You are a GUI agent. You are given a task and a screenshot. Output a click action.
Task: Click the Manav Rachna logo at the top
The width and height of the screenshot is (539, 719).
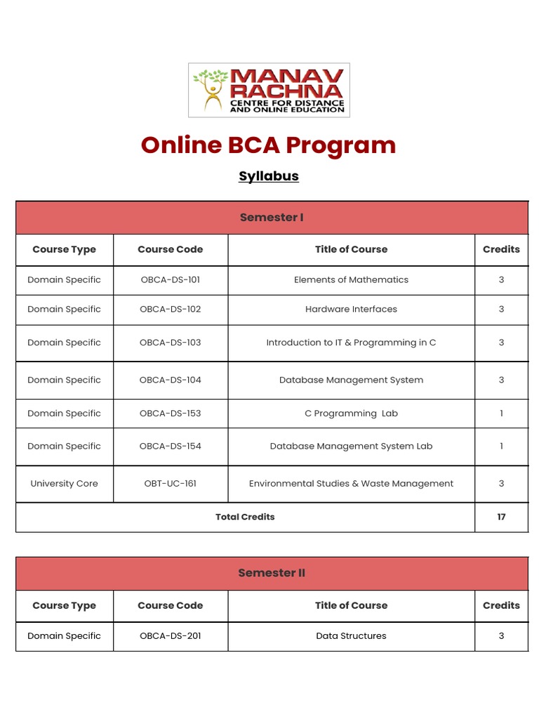[x=269, y=90]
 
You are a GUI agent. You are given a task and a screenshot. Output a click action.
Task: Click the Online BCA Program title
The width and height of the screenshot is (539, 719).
[x=268, y=145]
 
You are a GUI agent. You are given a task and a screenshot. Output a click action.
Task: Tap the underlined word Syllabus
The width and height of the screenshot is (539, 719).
[x=268, y=176]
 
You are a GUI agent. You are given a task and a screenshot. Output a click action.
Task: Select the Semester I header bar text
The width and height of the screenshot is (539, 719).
[x=272, y=218]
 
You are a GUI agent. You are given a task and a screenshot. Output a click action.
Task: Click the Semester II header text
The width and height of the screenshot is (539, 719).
[x=272, y=573]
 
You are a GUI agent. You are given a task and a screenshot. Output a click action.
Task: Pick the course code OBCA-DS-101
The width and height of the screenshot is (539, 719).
[x=170, y=280]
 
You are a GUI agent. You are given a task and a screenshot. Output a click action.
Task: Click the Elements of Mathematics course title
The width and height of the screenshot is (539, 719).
[x=351, y=280]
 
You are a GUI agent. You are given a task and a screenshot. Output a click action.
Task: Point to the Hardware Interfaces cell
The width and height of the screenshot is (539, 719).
[x=351, y=310]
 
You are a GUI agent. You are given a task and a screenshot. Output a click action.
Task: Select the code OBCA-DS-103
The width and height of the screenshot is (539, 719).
[x=170, y=343]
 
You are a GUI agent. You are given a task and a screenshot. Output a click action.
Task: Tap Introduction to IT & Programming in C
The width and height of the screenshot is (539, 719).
[x=351, y=343]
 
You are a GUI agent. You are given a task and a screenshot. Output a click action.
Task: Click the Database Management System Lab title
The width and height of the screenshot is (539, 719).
[x=351, y=447]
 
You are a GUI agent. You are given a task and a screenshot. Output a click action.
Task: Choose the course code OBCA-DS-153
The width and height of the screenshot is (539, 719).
[x=170, y=414]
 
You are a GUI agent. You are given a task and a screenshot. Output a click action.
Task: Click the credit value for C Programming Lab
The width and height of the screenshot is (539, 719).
[x=501, y=414]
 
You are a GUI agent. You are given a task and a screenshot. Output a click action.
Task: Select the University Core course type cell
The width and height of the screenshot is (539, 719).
[x=64, y=484]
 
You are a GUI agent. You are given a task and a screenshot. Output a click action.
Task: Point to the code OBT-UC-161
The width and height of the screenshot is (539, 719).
[x=170, y=484]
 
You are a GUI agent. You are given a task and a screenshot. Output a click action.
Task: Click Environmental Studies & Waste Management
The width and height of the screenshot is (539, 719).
[x=351, y=484]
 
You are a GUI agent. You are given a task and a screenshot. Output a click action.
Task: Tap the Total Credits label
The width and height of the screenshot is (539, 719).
[x=245, y=517]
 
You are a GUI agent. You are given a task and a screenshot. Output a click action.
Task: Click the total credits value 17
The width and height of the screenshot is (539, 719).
[x=501, y=517]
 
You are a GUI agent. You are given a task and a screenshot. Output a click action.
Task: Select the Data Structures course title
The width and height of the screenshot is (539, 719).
[x=351, y=636]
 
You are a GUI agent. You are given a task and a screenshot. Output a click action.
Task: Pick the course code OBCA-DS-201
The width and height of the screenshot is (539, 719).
[x=170, y=636]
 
